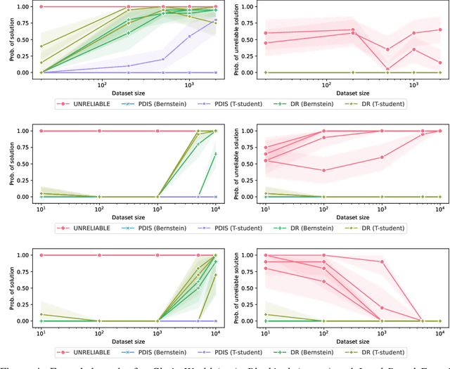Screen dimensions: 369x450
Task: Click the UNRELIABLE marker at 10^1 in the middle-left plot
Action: (x=40, y=131)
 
